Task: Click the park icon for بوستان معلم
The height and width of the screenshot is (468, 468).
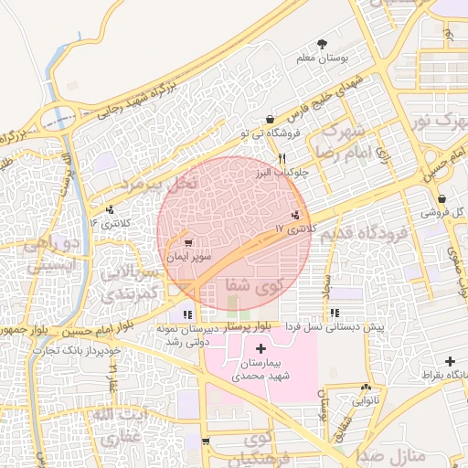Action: tap(323, 44)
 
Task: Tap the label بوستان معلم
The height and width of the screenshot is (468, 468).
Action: tap(323, 58)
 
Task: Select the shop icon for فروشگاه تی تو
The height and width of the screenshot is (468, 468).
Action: tap(270, 120)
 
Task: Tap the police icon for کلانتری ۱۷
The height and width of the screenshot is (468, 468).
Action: tap(294, 216)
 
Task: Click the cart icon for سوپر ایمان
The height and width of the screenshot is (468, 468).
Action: tap(187, 243)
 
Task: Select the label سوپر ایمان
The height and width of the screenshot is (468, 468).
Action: tap(188, 258)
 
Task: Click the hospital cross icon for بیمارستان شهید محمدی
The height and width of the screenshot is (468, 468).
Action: tap(261, 348)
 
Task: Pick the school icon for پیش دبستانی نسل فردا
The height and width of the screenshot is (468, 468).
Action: tap(334, 292)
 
